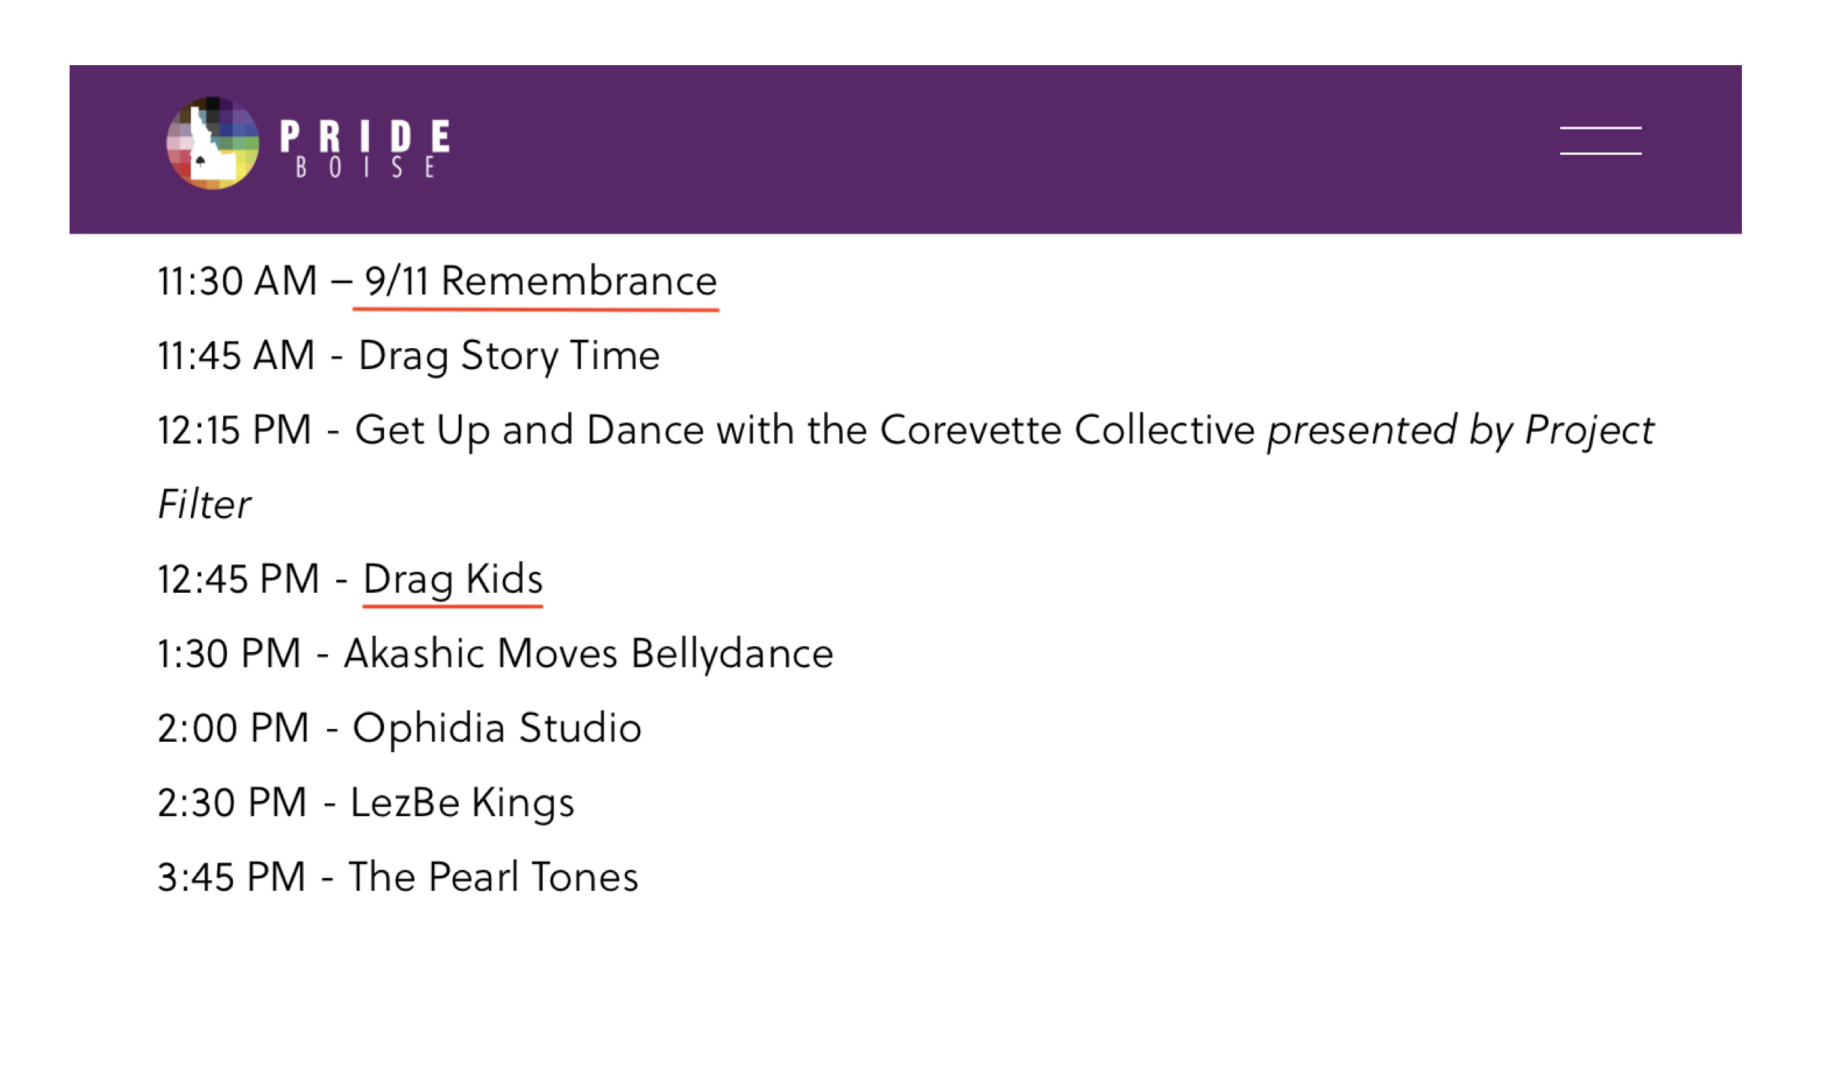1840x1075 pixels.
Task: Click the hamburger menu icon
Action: tap(1600, 141)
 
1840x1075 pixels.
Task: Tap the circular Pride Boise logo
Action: tap(213, 143)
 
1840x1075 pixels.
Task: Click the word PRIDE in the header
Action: tap(365, 136)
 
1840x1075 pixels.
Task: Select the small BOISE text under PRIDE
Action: tap(365, 168)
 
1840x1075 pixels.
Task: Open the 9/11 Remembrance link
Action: tap(540, 281)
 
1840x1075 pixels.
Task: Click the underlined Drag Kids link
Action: tap(453, 579)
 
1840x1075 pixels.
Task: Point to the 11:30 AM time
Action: tap(237, 281)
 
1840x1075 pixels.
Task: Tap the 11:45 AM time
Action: tap(237, 356)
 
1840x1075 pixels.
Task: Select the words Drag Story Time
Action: tap(509, 356)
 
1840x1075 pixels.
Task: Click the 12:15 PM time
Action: tap(234, 430)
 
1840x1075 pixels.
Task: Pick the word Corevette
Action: tap(970, 430)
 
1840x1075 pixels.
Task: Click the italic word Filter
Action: tap(204, 505)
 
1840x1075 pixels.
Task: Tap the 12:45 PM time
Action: tap(239, 579)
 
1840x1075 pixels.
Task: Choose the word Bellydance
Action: tap(732, 654)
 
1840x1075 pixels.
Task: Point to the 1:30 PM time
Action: tap(229, 654)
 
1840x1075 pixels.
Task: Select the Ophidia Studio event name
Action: tap(497, 728)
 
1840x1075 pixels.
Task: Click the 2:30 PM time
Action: tap(232, 803)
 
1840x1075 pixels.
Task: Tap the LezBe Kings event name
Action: tap(462, 803)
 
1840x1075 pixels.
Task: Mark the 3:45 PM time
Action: tap(231, 877)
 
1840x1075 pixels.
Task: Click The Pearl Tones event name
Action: tap(493, 877)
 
